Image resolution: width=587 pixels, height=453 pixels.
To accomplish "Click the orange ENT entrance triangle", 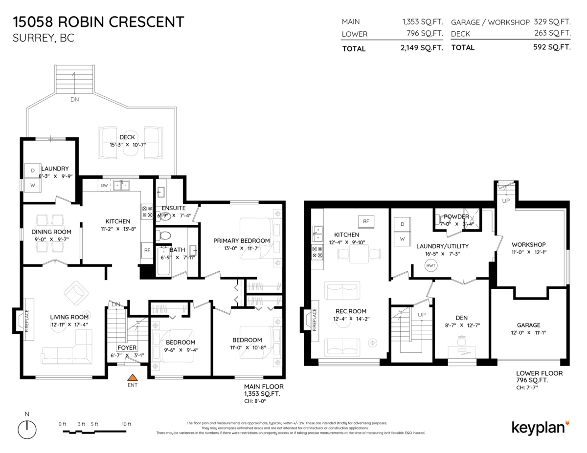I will click(132, 377).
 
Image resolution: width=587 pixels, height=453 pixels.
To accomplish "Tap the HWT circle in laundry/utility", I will click(431, 266).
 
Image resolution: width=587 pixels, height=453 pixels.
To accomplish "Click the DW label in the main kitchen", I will click(104, 186).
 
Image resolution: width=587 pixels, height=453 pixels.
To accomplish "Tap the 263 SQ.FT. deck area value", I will click(553, 33).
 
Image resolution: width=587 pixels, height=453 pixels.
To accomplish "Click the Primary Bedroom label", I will click(242, 240).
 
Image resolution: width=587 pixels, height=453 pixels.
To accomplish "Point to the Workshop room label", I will click(528, 244).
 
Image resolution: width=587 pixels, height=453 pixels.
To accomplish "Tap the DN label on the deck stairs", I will click(74, 99).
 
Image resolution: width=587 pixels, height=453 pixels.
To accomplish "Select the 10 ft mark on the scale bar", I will click(126, 424).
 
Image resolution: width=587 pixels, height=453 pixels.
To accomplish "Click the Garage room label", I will click(528, 325).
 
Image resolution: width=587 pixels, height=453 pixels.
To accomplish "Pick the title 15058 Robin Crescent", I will click(99, 22).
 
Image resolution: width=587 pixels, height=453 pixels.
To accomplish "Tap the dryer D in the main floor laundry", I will click(33, 170).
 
